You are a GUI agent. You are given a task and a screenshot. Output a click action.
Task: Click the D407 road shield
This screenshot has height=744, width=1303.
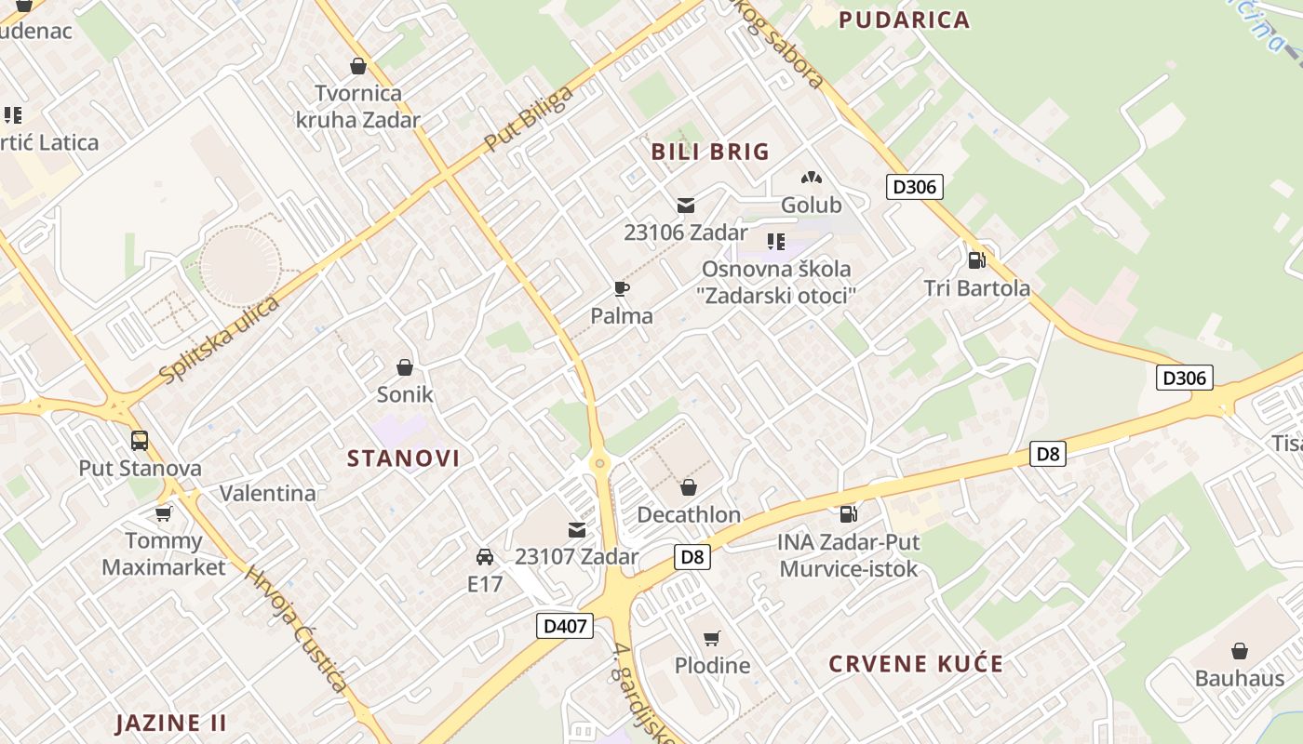(x=566, y=626)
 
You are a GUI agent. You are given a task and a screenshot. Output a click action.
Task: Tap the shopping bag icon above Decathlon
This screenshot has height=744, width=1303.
(x=689, y=486)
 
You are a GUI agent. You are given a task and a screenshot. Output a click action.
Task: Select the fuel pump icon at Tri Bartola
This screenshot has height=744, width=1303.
(x=976, y=259)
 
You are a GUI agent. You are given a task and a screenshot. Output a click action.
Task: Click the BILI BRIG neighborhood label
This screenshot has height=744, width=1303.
(x=710, y=152)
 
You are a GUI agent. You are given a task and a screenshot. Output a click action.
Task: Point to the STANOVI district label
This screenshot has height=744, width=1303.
(x=404, y=458)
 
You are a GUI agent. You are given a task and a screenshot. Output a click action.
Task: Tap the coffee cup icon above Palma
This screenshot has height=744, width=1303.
(x=622, y=289)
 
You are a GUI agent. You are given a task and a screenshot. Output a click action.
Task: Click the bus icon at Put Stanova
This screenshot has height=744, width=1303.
(x=140, y=441)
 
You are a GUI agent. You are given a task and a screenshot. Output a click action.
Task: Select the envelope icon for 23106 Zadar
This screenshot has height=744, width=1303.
(x=686, y=206)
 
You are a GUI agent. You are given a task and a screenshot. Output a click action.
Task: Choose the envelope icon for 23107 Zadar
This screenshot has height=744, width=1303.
(x=577, y=530)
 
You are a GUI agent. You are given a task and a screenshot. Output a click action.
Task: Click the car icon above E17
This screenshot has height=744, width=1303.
(x=485, y=557)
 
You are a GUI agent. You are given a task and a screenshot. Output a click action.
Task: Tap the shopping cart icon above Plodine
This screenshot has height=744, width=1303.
(x=712, y=638)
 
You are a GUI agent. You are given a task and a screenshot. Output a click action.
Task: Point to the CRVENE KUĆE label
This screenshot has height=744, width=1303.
(x=916, y=664)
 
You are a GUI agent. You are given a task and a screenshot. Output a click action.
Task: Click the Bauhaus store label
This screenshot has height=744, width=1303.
(x=1240, y=678)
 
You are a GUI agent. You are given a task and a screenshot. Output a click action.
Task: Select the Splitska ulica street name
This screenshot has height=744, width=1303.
(x=220, y=340)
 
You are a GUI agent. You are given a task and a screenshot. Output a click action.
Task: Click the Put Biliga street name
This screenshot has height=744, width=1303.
(x=528, y=119)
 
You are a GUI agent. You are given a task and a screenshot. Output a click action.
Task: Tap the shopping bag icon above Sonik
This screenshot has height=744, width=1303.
(x=405, y=367)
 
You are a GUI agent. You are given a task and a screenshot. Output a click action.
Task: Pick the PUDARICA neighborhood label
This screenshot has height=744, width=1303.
(x=904, y=20)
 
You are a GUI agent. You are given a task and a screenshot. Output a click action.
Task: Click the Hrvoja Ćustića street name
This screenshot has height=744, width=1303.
(x=296, y=628)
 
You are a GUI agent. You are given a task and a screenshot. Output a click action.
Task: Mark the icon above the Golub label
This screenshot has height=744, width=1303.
(x=812, y=178)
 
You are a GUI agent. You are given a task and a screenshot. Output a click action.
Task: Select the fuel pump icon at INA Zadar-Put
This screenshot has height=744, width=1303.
(x=848, y=513)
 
